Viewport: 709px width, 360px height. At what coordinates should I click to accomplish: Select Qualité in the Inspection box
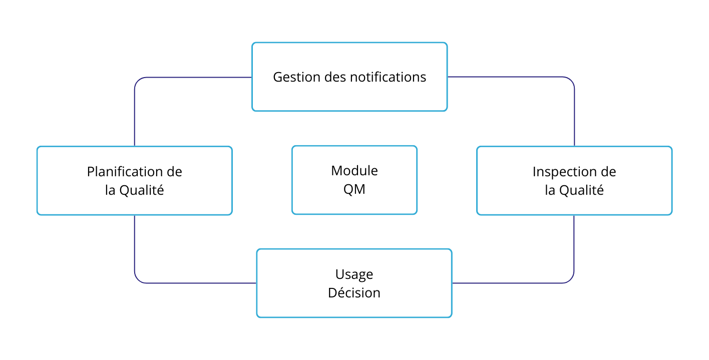[x=581, y=191]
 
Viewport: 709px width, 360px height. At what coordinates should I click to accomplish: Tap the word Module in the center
[x=354, y=171]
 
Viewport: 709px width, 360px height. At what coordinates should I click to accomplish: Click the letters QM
[x=354, y=190]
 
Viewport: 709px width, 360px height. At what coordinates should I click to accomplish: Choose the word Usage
[x=354, y=274]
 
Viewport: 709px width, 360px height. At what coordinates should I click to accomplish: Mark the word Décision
[x=354, y=293]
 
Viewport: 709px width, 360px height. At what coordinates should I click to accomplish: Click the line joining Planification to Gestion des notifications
[x=135, y=110]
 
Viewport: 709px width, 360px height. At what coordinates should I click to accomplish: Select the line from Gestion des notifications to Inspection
[x=574, y=110]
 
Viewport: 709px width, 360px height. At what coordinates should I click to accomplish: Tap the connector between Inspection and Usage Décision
[x=574, y=250]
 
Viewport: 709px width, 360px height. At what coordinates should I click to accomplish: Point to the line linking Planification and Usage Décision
[x=135, y=250]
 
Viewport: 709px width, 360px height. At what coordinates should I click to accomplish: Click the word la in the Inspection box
[x=550, y=191]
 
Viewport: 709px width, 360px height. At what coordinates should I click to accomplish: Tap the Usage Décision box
[x=354, y=308]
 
